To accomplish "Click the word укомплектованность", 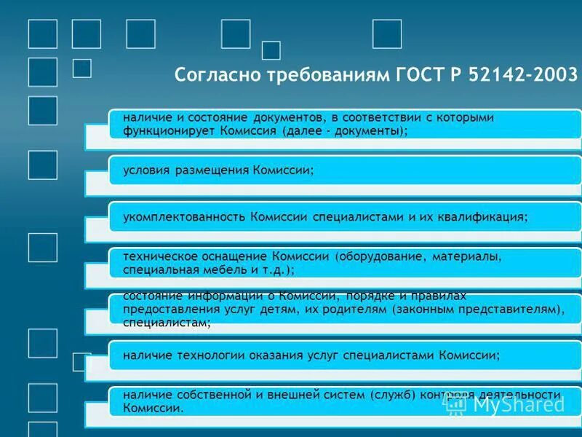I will coord(185,217).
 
